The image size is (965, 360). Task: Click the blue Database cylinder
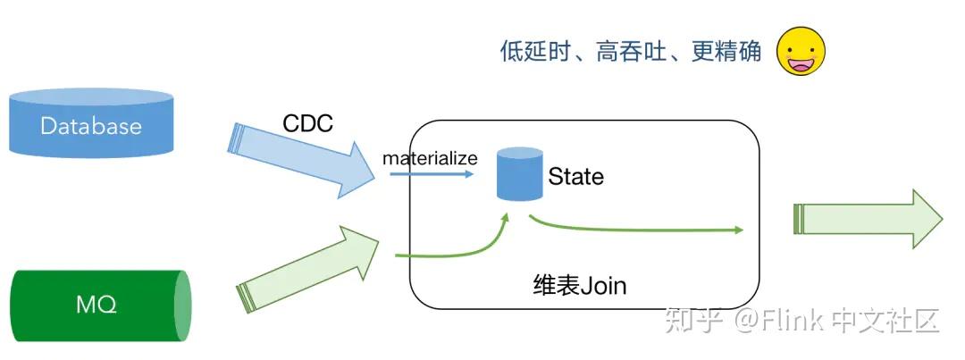click(x=90, y=125)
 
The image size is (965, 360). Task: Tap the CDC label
click(x=307, y=123)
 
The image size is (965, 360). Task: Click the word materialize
click(x=430, y=158)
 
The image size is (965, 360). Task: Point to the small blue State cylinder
click(x=520, y=174)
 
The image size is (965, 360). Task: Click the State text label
click(x=575, y=177)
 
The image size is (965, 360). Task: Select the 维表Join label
click(x=579, y=286)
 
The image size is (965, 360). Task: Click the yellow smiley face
click(x=801, y=51)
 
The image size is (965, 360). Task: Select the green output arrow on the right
click(x=867, y=219)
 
